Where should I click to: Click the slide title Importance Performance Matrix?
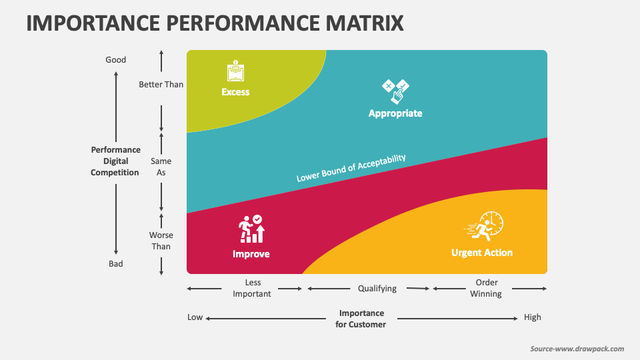215,23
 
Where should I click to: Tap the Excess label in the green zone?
235,92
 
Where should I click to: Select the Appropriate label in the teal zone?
395,113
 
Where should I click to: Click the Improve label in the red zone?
251,254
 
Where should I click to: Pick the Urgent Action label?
482,253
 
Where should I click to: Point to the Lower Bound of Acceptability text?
351,168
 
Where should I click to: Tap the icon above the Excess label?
235,71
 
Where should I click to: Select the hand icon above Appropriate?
395,91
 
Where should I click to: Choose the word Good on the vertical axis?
116,60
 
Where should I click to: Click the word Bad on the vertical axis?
116,264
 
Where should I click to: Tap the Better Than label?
161,85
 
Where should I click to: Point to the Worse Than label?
161,241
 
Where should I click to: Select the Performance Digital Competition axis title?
116,161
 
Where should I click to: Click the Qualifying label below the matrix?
377,289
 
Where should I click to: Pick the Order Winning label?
487,288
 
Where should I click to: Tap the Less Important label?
252,288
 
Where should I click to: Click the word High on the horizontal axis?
533,317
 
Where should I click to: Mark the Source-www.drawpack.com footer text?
577,349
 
